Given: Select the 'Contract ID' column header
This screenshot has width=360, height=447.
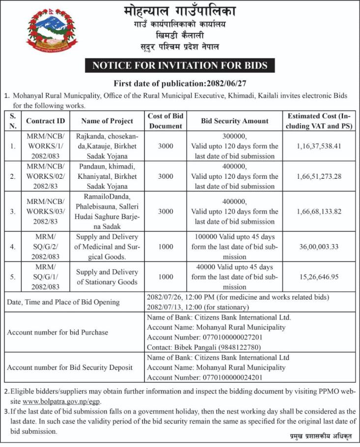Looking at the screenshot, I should click(x=45, y=121).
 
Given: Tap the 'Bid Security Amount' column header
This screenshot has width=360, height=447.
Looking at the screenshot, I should click(x=235, y=121).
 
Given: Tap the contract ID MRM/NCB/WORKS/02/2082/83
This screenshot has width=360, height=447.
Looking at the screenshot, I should click(x=45, y=176).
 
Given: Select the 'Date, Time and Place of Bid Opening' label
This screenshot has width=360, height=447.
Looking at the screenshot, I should click(x=63, y=302).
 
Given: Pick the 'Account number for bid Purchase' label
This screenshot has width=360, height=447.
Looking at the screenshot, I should click(x=57, y=332).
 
